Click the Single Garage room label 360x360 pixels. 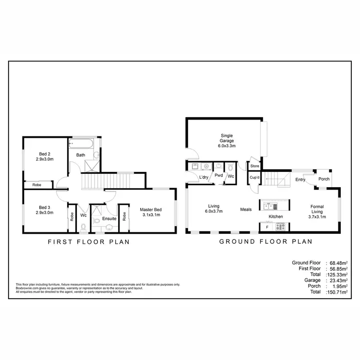pos(227,140)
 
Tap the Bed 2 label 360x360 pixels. pos(44,155)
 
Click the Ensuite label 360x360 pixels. pos(109,219)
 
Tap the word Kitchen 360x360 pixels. pos(276,216)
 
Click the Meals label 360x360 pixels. pos(246,210)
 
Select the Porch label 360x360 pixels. pos(324,180)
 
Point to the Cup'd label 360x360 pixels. pos(254,178)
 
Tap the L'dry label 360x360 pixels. pos(204,177)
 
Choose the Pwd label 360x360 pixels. pos(218,176)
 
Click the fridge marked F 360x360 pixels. pos(267,226)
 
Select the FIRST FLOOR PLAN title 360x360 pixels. pos(89,242)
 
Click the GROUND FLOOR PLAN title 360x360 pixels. pos(266,242)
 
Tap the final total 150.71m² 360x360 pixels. pos(336,291)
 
